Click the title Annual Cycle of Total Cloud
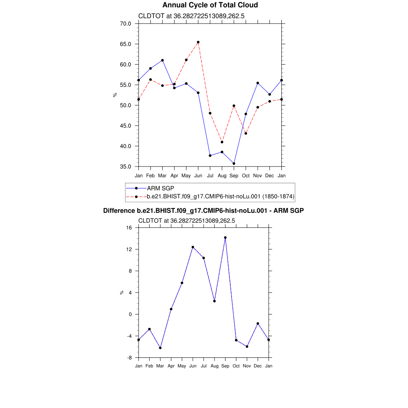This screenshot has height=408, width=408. click(210, 5)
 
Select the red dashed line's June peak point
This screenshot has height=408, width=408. click(198, 42)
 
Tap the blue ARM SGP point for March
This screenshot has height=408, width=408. click(162, 60)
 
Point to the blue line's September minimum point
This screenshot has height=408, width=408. click(234, 163)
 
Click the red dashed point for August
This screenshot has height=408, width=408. click(222, 142)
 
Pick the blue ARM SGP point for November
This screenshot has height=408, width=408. click(258, 83)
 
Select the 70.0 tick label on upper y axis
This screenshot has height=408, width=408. click(126, 24)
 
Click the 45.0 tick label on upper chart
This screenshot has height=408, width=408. click(126, 126)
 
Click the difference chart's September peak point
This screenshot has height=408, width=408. click(225, 237)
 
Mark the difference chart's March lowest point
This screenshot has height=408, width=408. click(160, 348)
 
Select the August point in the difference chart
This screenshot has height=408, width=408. click(214, 301)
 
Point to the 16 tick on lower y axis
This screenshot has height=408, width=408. click(129, 228)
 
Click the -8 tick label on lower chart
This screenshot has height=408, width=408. click(129, 358)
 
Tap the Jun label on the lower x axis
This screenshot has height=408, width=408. click(193, 366)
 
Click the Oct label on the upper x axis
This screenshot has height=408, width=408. click(246, 175)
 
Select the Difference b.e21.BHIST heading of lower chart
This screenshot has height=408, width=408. click(204, 210)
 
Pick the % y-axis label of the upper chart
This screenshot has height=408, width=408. click(115, 95)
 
